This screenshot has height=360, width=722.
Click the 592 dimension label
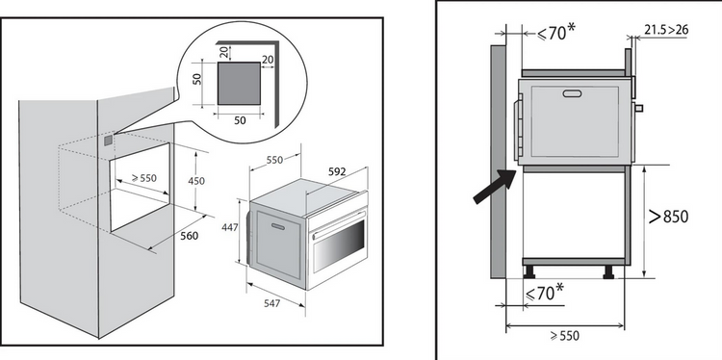coord(337,171)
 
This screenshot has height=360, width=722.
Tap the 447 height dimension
coord(230,227)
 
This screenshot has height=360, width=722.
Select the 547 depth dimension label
coord(271,304)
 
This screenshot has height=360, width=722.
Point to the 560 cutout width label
coord(190,236)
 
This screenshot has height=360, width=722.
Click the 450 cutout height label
coord(196,181)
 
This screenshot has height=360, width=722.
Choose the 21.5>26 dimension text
coord(666,30)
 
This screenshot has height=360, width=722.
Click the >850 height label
coord(669,217)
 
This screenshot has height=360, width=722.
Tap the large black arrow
coord(496,186)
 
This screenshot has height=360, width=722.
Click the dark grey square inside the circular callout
coord(239,84)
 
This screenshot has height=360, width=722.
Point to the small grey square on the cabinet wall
coord(108,140)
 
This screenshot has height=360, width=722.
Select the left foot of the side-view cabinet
coord(529,272)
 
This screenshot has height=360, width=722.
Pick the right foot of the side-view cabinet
coord(608,272)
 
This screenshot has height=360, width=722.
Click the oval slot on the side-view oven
coord(572,93)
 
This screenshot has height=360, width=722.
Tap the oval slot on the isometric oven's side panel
coord(278,226)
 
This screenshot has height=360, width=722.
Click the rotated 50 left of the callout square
coord(197,79)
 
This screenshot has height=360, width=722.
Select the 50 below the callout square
coord(240,120)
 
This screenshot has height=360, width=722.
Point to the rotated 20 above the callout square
coord(224,52)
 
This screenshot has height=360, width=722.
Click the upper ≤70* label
coord(556,32)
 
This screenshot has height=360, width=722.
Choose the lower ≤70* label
coord(544,293)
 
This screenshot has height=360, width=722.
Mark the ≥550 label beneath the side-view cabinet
coord(565,336)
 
